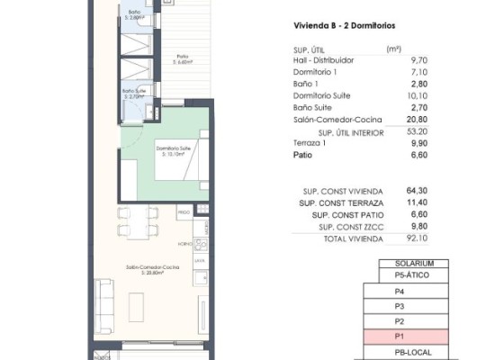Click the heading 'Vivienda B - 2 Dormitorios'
[x=346, y=27]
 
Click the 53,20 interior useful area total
[x=393, y=131]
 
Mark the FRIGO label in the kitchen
[x=183, y=212]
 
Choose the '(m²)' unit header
[x=392, y=49]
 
